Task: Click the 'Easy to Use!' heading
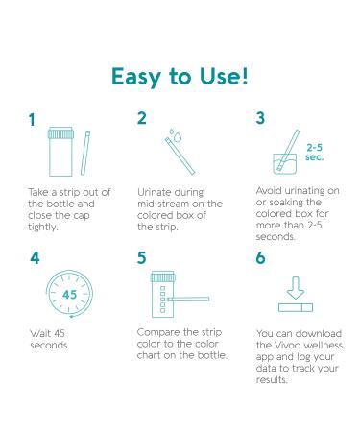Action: point(180,77)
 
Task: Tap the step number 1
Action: point(32,120)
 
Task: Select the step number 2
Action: point(142,118)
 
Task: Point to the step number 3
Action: point(260,118)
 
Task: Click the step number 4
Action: point(35,258)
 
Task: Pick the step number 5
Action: point(142,258)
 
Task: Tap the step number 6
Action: point(261,258)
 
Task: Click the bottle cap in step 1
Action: point(60,133)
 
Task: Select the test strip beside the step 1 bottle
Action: point(85,153)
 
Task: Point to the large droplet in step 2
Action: point(178,137)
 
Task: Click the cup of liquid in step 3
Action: point(284,164)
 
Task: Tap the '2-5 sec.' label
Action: point(315,153)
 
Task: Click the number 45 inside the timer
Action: point(70,294)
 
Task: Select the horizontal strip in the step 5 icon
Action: point(188,299)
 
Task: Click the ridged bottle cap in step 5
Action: point(163,276)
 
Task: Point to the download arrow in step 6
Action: point(296,288)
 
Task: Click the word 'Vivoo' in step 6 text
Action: point(288,346)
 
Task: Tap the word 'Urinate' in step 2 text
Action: point(154,192)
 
